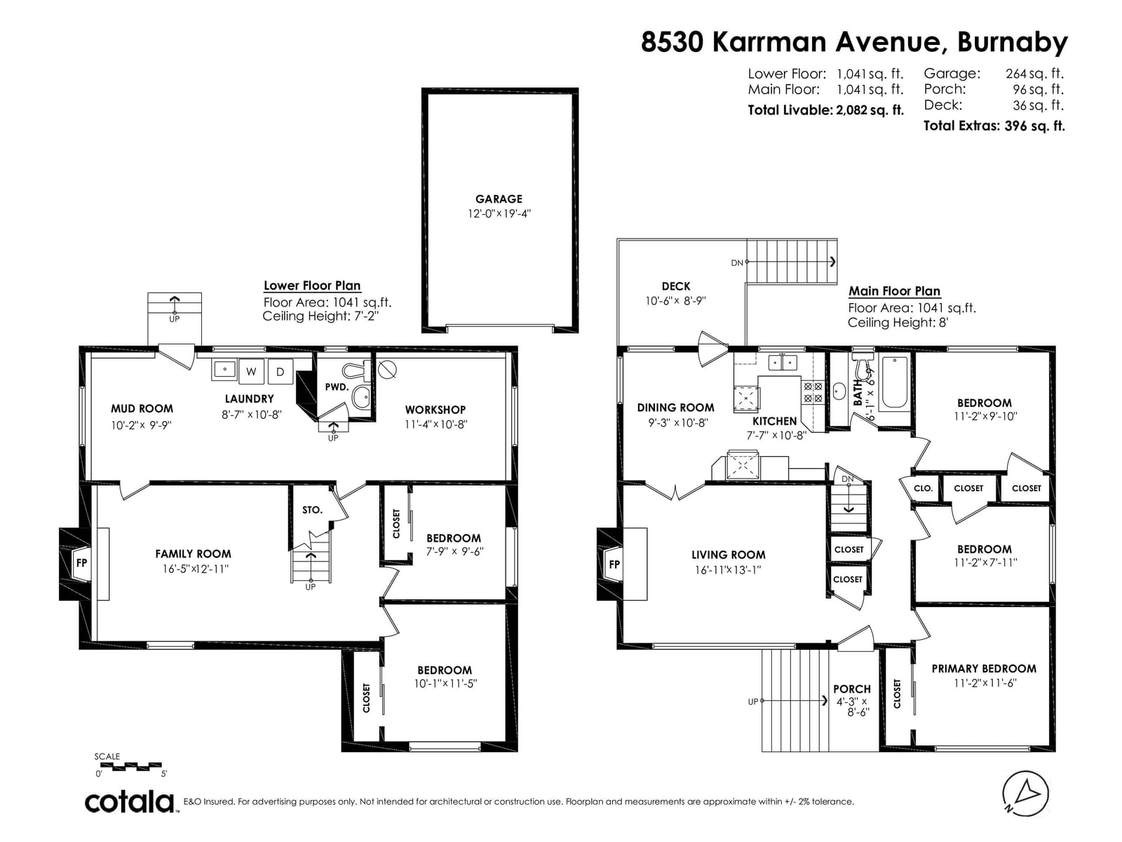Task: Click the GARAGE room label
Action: pos(499,199)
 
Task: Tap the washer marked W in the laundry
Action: pos(251,372)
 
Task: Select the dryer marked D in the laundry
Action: pos(280,372)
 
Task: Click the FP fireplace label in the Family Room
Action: pos(81,563)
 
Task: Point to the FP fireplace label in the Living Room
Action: pos(614,564)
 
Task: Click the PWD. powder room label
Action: pos(337,387)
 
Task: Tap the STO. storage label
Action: pos(312,509)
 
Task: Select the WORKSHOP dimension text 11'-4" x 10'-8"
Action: pos(435,425)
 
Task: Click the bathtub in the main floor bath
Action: pos(894,382)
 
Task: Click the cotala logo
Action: pos(130,802)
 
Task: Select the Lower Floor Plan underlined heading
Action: pos(312,286)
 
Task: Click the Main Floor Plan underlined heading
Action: pos(894,291)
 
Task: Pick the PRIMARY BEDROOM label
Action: pos(984,669)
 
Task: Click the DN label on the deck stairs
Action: pos(736,262)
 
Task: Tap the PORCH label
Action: pos(851,689)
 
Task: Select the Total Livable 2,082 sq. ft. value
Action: pos(870,110)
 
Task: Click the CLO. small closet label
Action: pos(923,488)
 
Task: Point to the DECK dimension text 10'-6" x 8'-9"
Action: pos(675,300)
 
